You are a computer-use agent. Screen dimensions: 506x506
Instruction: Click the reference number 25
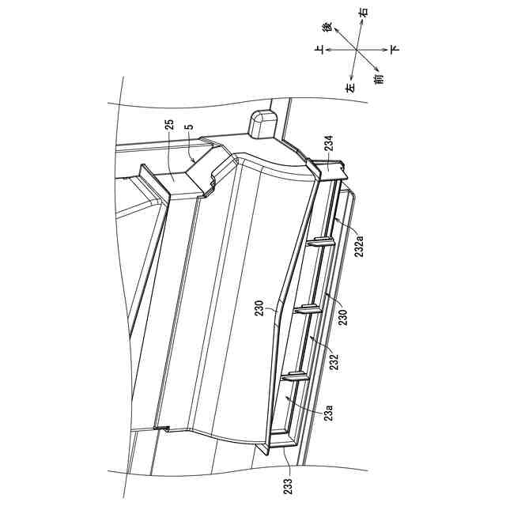click(169, 125)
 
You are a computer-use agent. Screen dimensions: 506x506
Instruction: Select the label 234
click(329, 143)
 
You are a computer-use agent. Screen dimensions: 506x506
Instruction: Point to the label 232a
click(359, 246)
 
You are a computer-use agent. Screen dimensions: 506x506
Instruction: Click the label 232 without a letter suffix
click(335, 362)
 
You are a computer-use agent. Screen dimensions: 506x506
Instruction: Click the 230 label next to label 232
click(343, 317)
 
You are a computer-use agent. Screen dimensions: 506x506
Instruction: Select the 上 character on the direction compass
click(319, 50)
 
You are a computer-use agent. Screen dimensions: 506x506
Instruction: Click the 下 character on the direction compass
click(395, 49)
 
